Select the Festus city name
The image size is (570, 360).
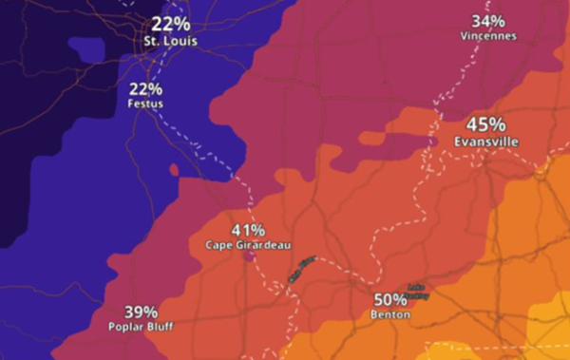pos(145,104)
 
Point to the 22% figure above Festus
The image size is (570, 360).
pos(145,88)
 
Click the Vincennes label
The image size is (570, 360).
pos(488,36)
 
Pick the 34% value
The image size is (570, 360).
pos(488,21)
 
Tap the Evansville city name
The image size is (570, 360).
pos(485,141)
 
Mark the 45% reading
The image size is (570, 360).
pos(485,124)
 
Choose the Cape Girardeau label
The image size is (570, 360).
pos(248,245)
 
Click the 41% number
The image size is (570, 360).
pos(248,230)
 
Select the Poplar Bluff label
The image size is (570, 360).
pos(141,326)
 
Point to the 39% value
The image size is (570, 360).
pos(141,312)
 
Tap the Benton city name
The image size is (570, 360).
pos(390,314)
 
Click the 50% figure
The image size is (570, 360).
pos(390,299)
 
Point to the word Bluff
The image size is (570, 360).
pos(160,326)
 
